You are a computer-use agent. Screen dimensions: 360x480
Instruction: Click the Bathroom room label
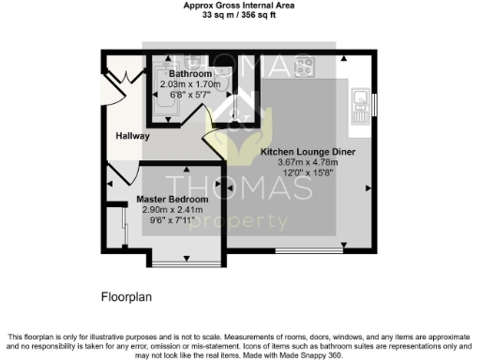pos(190,74)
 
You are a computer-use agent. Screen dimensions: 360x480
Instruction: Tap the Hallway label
pos(132,136)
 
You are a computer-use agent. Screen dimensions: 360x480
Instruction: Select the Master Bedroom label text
pos(172,200)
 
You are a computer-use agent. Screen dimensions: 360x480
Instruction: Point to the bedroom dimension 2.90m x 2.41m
pos(172,210)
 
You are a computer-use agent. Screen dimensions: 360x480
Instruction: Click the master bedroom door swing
pos(119,175)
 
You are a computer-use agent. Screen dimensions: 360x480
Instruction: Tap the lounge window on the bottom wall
pos(308,250)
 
